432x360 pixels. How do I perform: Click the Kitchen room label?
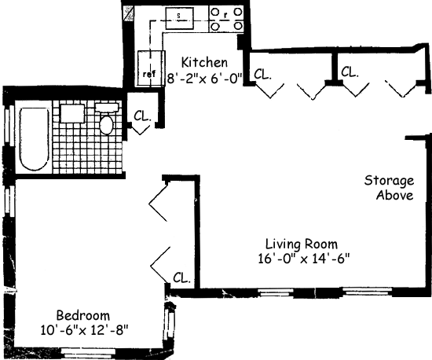204,62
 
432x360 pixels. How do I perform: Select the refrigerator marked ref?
151,68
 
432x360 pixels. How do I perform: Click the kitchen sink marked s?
179,18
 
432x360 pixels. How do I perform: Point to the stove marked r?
226,19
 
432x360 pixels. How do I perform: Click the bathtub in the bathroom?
34,139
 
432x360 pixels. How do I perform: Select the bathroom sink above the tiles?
72,113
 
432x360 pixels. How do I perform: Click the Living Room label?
302,244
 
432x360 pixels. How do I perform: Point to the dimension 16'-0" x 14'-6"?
304,259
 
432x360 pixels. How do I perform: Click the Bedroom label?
83,315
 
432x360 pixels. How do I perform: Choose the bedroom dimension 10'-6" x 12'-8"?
85,329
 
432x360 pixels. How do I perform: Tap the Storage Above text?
390,188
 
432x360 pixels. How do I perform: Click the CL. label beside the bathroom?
142,116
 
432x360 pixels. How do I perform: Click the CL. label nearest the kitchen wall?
263,75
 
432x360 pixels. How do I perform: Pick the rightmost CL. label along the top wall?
350,72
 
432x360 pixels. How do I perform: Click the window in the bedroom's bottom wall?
88,351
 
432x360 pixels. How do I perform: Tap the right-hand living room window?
368,292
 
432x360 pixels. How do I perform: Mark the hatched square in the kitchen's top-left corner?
129,13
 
